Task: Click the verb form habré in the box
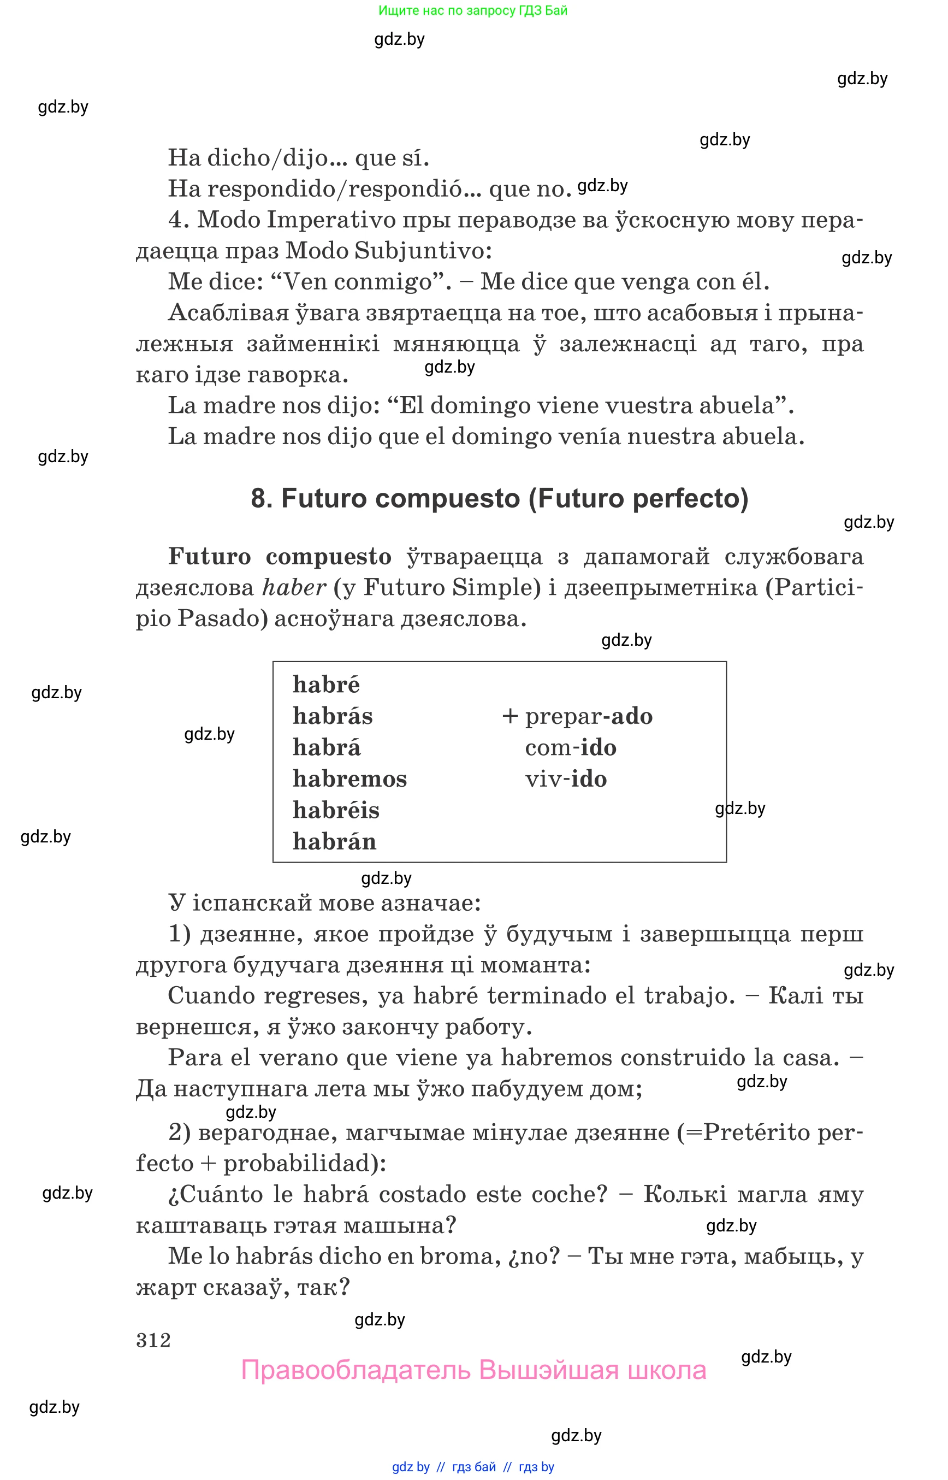point(325,685)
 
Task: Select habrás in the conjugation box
point(333,716)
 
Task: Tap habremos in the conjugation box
point(349,779)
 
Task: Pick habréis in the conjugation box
point(336,811)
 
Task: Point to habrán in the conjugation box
point(334,842)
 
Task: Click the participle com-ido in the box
point(571,748)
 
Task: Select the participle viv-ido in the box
point(566,779)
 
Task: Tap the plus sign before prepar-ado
point(509,716)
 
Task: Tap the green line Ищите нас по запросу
point(473,10)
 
